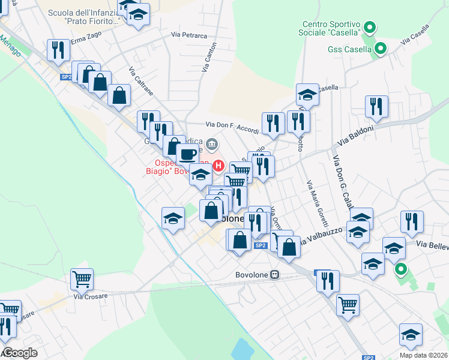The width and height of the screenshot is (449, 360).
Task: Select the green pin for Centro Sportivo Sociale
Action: pos(370,27)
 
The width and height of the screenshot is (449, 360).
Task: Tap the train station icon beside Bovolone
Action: pos(275,275)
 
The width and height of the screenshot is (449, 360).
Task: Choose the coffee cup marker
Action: pos(187,154)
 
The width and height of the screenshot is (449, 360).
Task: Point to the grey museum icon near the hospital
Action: pos(212,144)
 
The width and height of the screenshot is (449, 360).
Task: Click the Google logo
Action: pos(19,352)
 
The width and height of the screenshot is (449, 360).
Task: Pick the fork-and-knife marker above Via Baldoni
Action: pos(376,106)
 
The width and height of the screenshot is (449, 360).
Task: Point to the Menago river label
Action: pos(11,47)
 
